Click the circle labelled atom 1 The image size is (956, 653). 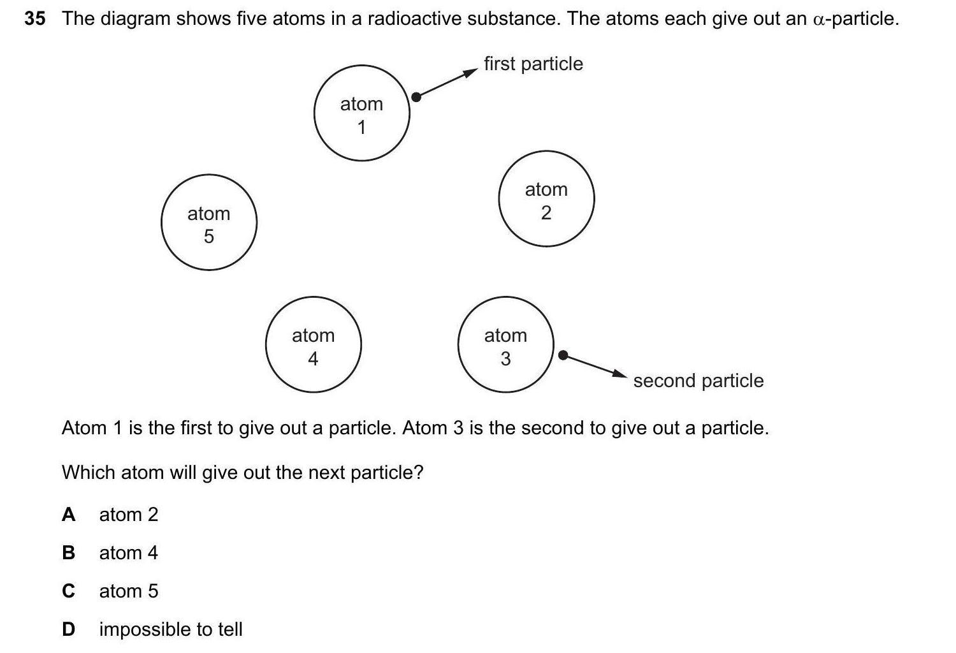361,113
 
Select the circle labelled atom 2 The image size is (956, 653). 546,199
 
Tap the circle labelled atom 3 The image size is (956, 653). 505,344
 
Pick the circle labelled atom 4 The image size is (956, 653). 313,344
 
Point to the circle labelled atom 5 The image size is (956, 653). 208,223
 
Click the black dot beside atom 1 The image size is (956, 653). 416,97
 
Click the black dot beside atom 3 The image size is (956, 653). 563,355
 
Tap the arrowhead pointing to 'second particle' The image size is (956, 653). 619,374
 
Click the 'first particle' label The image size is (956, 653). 533,64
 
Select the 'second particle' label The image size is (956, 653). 698,381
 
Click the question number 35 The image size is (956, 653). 35,19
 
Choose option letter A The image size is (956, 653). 68,515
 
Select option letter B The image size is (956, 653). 68,553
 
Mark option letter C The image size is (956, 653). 68,591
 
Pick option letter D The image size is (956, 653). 68,629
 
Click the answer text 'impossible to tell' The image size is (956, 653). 171,629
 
